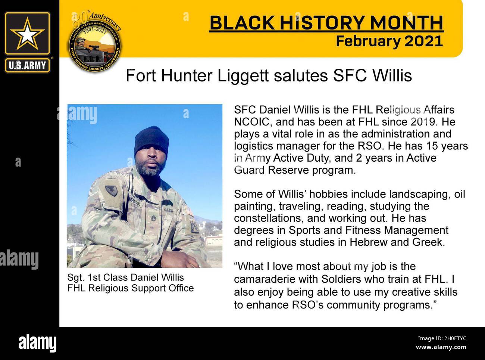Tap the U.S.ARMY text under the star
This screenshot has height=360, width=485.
pyautogui.click(x=27, y=66)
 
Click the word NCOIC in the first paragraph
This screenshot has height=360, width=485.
pyautogui.click(x=253, y=122)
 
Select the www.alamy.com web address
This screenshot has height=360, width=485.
pyautogui.click(x=441, y=348)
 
